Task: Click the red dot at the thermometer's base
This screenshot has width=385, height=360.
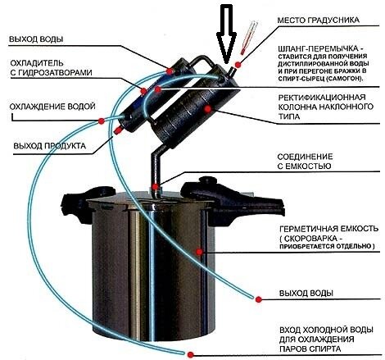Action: (x=238, y=62)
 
